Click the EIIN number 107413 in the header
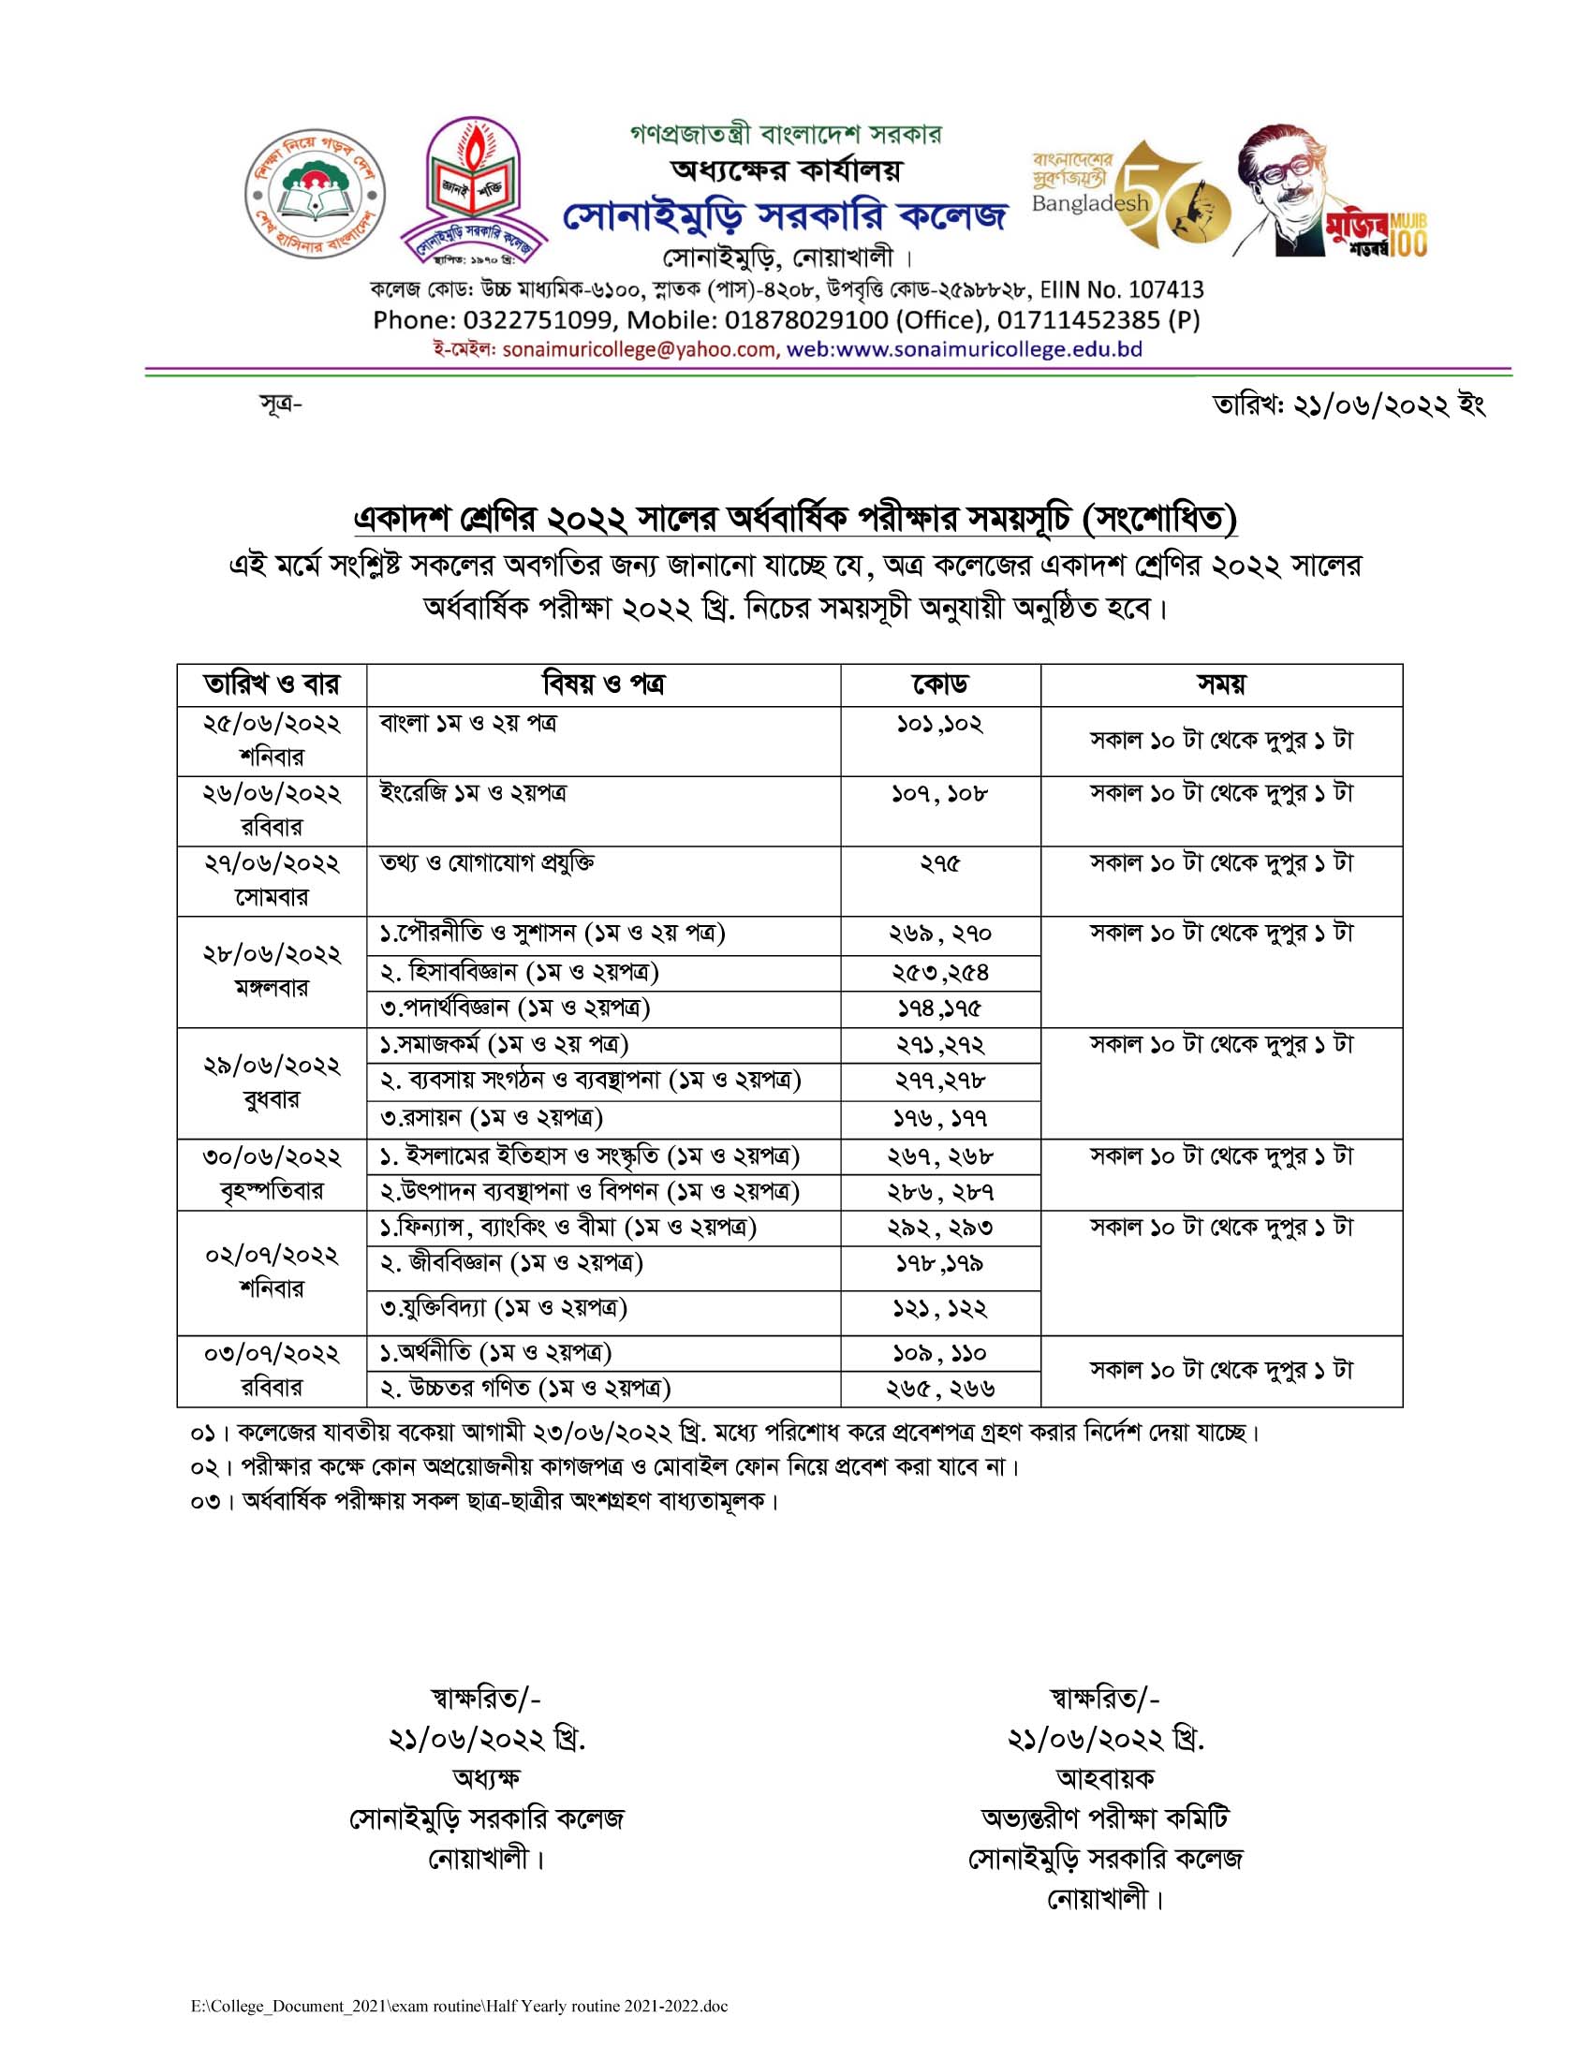tap(1155, 288)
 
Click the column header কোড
tap(939, 684)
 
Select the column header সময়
tap(1220, 684)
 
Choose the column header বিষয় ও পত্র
tap(603, 684)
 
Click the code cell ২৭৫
tap(939, 864)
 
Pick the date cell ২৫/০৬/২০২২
tap(272, 725)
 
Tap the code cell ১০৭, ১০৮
tap(939, 794)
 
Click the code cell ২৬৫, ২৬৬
tap(939, 1389)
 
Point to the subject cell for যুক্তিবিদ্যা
tap(504, 1308)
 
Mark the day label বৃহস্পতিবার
tap(272, 1191)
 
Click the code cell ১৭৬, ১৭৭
tap(939, 1119)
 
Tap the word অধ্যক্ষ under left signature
tap(487, 1778)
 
